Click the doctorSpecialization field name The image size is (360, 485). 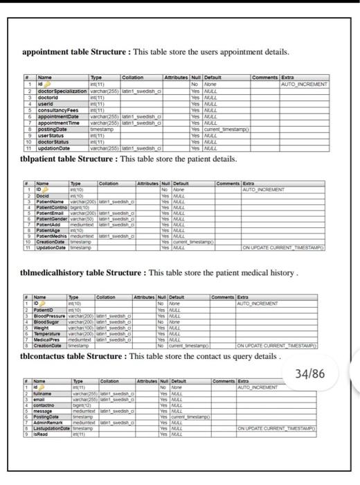pos(62,91)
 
